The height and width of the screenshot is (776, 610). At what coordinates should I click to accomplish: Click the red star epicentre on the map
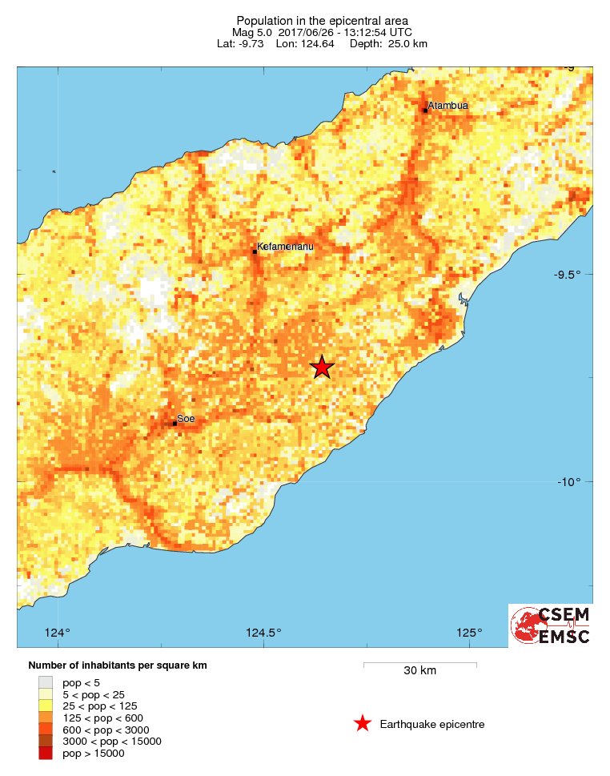(321, 367)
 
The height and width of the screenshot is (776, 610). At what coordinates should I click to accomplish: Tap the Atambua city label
(447, 106)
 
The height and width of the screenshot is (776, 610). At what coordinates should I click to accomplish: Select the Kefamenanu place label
(285, 247)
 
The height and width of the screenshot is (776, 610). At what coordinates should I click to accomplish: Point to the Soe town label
(186, 418)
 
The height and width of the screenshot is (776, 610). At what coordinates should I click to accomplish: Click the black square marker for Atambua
(425, 110)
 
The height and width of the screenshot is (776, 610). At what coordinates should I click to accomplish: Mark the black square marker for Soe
(175, 423)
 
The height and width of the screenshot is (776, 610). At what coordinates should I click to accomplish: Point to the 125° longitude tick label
(469, 633)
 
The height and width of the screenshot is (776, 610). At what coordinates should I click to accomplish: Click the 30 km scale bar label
(419, 670)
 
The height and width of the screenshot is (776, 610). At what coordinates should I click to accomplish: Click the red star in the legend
(362, 724)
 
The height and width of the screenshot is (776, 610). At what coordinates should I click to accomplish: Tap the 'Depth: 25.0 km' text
(388, 43)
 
